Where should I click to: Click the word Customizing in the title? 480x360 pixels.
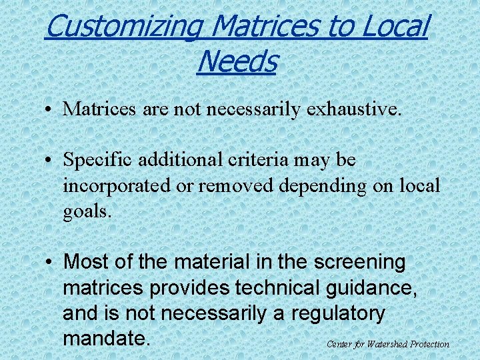click(x=124, y=27)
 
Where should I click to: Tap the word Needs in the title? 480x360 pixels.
click(x=237, y=62)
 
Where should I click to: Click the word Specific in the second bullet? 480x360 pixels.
click(x=101, y=161)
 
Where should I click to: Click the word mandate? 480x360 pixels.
click(x=105, y=338)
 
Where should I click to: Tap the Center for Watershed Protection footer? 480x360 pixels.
click(x=388, y=344)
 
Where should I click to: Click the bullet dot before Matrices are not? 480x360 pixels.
click(x=49, y=109)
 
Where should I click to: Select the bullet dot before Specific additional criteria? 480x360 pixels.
click(x=49, y=161)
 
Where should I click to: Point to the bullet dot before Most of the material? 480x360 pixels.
click(x=49, y=262)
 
